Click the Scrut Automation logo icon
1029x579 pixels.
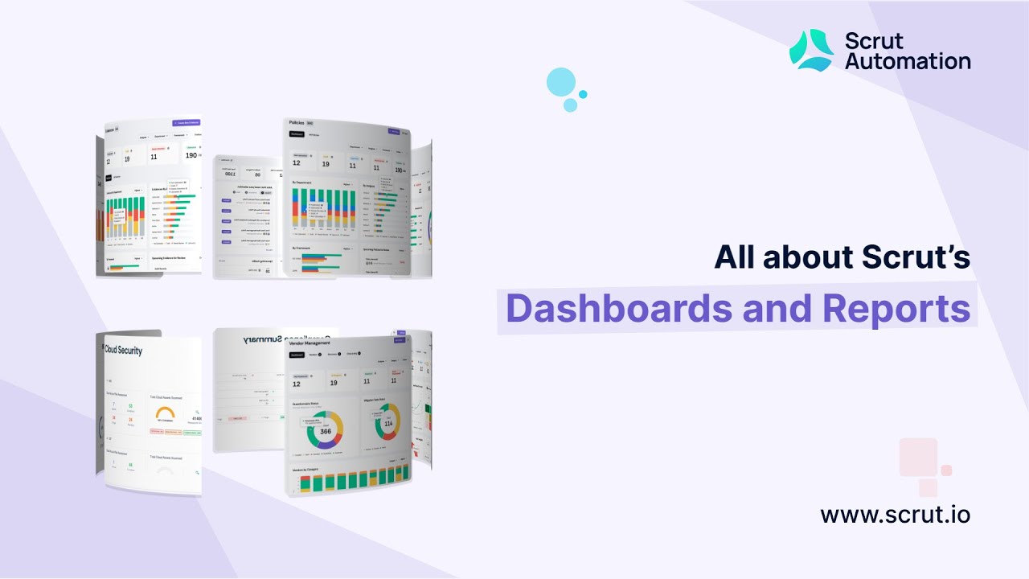[811, 50]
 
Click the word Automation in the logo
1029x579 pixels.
[908, 60]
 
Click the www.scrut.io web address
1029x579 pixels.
[895, 514]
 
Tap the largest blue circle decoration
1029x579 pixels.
[561, 82]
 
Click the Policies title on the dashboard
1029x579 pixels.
[301, 123]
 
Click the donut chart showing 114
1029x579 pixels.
[387, 421]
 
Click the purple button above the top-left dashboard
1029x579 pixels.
[186, 123]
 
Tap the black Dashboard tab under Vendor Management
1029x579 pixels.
[297, 355]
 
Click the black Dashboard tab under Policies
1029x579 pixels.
[297, 134]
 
